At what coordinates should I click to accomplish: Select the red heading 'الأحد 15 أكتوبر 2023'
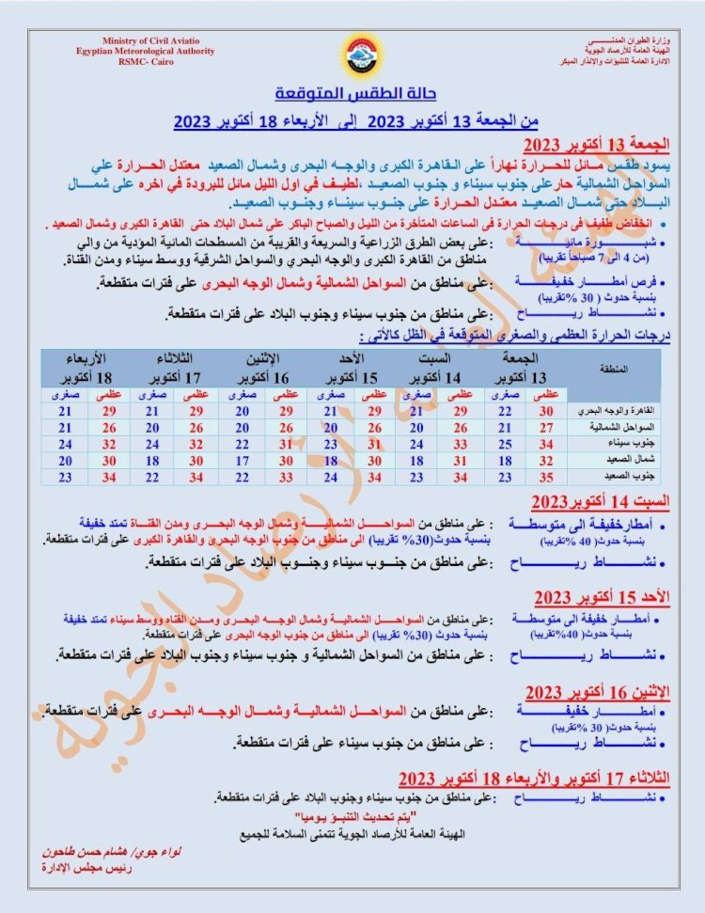[602, 597]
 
